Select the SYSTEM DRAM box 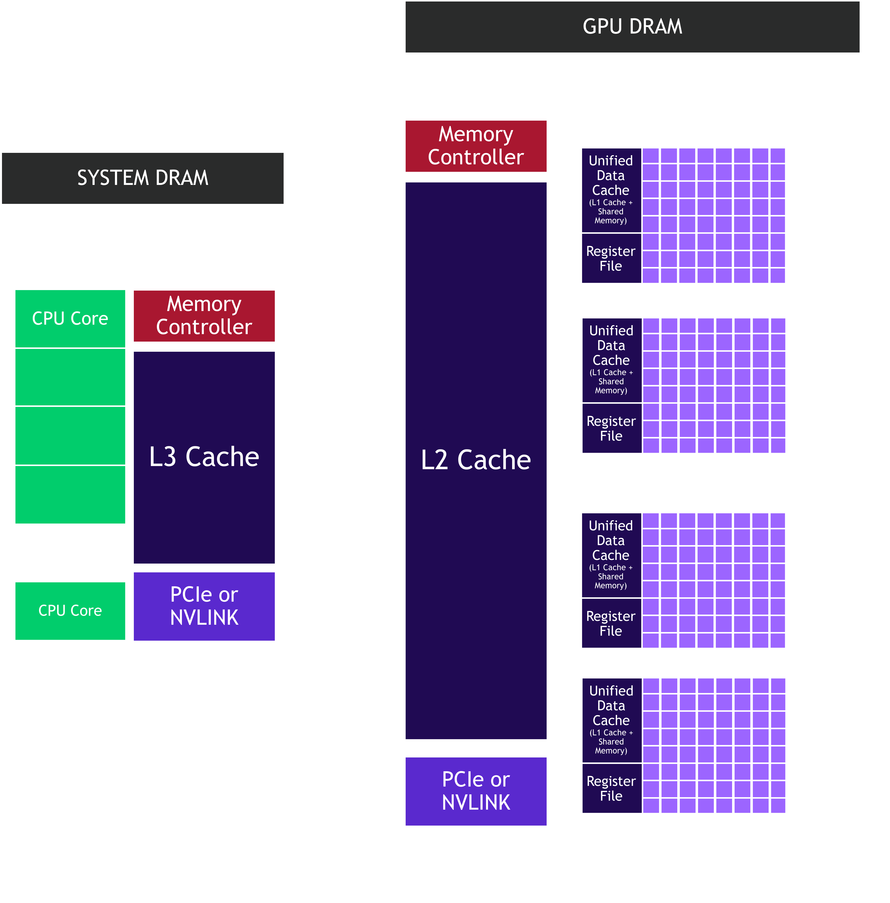[142, 178]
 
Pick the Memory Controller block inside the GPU [476, 146]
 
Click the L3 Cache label [204, 457]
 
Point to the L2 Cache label [476, 460]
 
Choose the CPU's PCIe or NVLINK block [204, 606]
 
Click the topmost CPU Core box [70, 318]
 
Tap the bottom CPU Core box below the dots [70, 610]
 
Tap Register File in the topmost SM [611, 259]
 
